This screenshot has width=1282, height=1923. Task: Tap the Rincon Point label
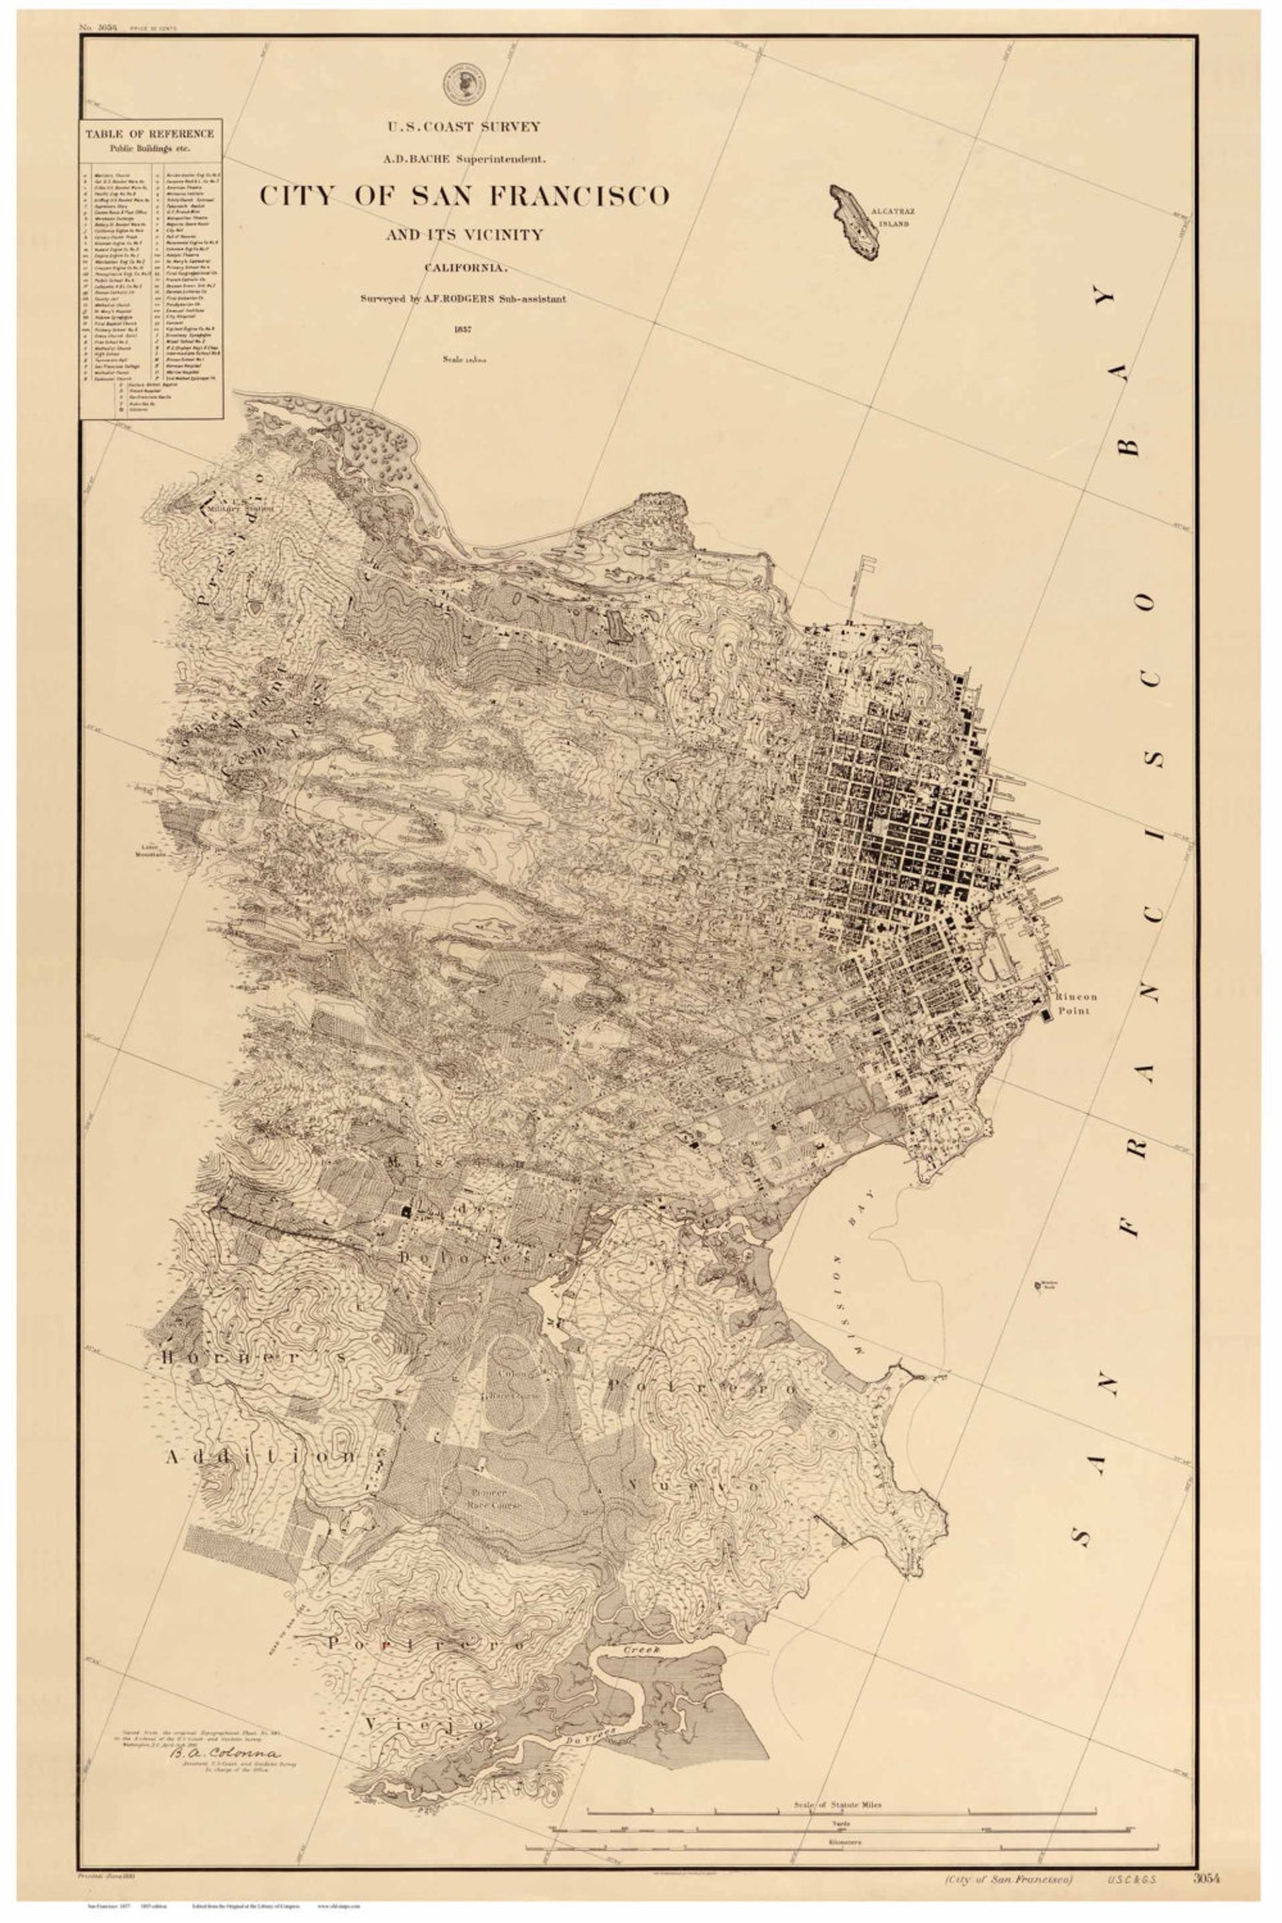pyautogui.click(x=1075, y=1003)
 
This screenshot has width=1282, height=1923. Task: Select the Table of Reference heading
pyautogui.click(x=150, y=133)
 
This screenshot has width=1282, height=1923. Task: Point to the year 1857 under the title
pyautogui.click(x=463, y=330)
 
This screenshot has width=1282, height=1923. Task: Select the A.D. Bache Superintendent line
pyautogui.click(x=463, y=157)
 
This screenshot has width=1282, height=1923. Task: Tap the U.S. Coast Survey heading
pyautogui.click(x=463, y=127)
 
